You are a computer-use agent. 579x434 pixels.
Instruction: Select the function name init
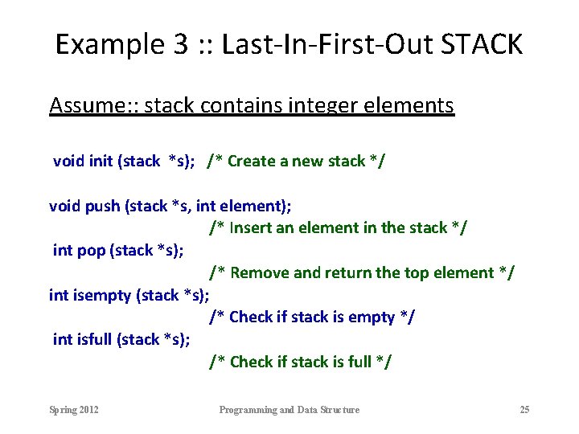[x=101, y=161]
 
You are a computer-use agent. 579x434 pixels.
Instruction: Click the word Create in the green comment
[x=251, y=161]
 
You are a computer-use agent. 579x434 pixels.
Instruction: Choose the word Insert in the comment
[x=250, y=227]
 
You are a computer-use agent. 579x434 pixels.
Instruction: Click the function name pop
[x=91, y=250]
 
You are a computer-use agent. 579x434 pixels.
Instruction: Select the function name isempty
[x=102, y=295]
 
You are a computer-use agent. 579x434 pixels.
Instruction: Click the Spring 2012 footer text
[x=74, y=410]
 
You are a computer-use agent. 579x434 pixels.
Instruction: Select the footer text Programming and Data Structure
[x=289, y=410]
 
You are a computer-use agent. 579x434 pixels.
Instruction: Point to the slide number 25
[x=524, y=410]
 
